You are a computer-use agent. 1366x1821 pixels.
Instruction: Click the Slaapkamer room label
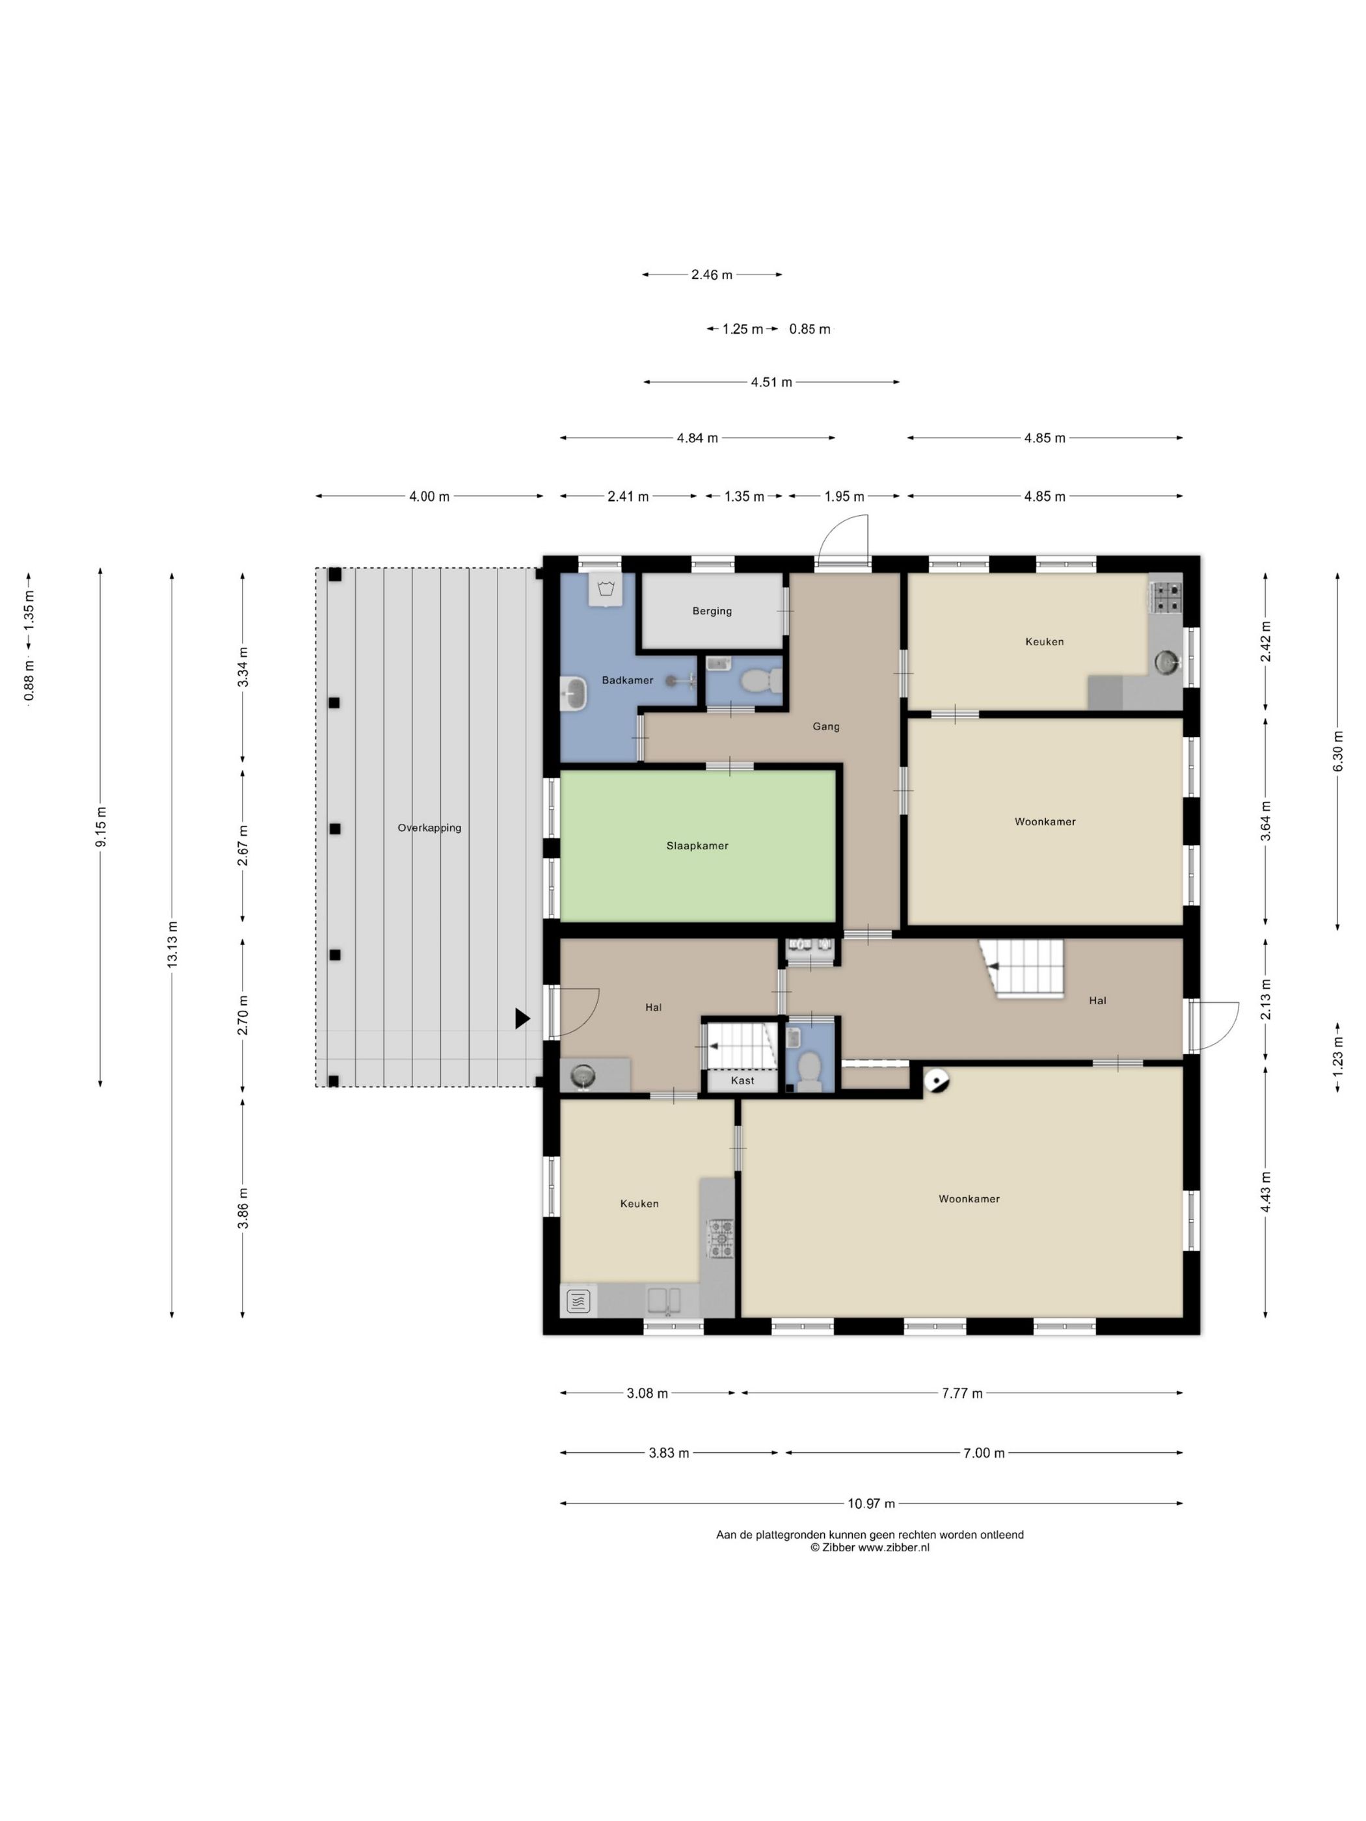[x=697, y=845]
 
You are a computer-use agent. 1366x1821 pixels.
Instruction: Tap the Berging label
[x=712, y=611]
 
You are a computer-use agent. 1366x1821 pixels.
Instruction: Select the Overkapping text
[x=429, y=828]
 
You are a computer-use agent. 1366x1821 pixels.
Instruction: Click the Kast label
[x=742, y=1080]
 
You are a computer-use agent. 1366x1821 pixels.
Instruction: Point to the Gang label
[x=826, y=726]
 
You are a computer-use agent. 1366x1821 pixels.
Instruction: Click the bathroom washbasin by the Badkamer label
[x=574, y=693]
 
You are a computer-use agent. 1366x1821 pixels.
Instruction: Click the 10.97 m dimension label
[x=870, y=1503]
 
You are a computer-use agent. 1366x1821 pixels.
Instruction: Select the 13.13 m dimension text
[x=172, y=944]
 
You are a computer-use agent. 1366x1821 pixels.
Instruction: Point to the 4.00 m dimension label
[x=429, y=496]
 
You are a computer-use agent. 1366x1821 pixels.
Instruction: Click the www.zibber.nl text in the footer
[x=893, y=1547]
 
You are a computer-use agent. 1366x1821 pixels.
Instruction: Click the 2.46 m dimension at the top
[x=712, y=275]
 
